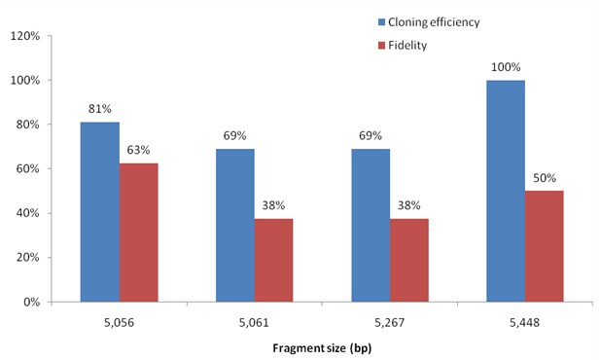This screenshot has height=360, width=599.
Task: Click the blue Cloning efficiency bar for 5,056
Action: [x=99, y=211]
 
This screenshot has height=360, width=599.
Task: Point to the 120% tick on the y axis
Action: [x=22, y=36]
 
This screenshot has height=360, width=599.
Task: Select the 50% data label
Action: [x=544, y=180]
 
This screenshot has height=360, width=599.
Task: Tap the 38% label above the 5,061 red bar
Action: [x=273, y=206]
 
